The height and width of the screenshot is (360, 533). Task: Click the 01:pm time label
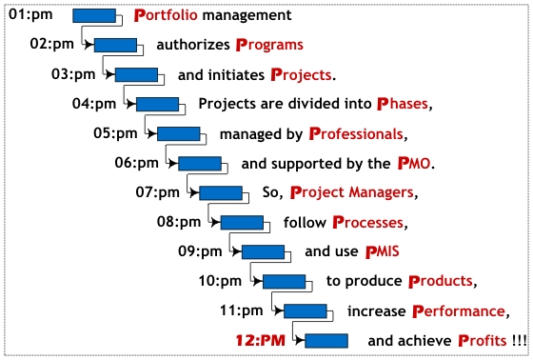click(x=30, y=14)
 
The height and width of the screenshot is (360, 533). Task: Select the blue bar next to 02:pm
click(x=115, y=45)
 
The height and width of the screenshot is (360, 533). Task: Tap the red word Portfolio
click(x=166, y=15)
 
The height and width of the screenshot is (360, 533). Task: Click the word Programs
click(x=269, y=46)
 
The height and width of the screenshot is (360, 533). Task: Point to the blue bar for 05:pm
click(x=179, y=133)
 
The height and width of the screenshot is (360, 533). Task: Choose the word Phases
click(x=403, y=104)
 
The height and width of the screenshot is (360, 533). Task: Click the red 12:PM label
click(x=261, y=341)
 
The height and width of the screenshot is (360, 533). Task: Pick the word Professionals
click(x=356, y=133)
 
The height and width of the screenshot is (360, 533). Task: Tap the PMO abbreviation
click(x=414, y=163)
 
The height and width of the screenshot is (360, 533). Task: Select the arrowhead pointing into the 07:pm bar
click(x=194, y=193)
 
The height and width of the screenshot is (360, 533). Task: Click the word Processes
click(x=368, y=223)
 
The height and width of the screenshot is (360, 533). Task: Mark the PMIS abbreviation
click(x=382, y=251)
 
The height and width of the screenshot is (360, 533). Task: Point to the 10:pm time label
click(x=220, y=281)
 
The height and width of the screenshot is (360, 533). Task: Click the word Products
click(x=441, y=281)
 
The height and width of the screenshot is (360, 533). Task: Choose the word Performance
click(x=459, y=311)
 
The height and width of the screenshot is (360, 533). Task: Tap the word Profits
click(x=483, y=341)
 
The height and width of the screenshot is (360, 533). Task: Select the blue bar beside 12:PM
click(x=326, y=341)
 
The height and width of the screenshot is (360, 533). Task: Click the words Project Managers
click(x=352, y=192)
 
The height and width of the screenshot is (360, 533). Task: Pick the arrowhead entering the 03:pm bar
click(x=109, y=74)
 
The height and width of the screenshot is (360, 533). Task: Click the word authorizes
click(x=193, y=45)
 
